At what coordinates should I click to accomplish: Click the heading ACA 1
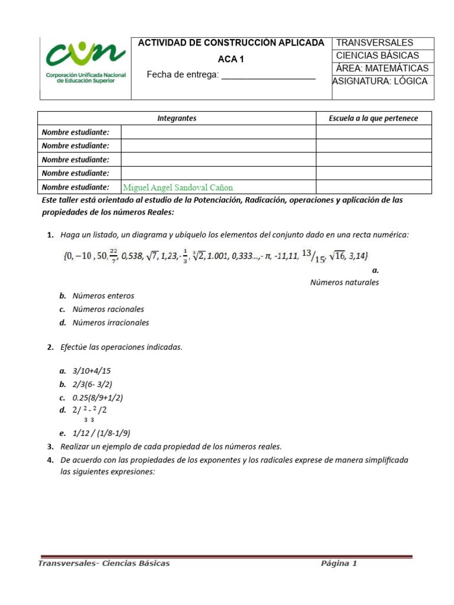tap(231, 59)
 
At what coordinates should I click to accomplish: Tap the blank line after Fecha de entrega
tap(268, 75)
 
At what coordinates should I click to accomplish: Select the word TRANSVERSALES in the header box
tap(375, 43)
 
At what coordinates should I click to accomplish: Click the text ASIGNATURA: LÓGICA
tap(380, 82)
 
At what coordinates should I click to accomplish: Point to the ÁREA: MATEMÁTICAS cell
tap(382, 69)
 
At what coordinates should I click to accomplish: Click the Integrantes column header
tap(177, 118)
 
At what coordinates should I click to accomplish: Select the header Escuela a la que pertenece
tap(373, 118)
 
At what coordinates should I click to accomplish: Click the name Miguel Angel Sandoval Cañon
tap(178, 187)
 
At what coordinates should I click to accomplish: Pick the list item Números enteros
tap(103, 295)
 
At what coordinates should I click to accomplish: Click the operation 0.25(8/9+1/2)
tap(98, 398)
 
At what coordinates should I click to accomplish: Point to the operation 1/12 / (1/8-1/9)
tap(101, 432)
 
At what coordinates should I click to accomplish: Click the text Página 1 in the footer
tap(339, 563)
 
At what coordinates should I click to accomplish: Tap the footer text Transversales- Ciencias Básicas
tap(104, 563)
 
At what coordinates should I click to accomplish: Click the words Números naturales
tap(345, 282)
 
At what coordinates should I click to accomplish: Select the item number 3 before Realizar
tap(50, 446)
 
